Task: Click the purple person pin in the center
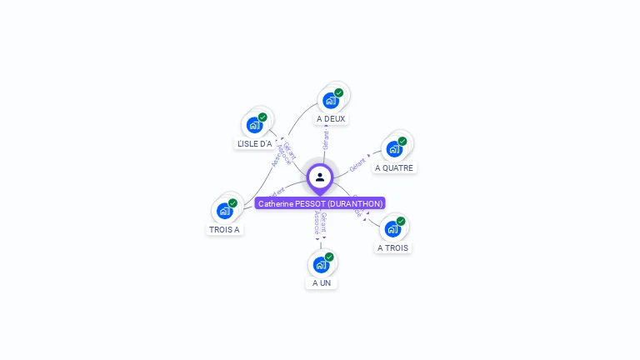tap(320, 177)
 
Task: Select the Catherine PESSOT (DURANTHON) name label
tap(320, 203)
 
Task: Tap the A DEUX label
tap(331, 119)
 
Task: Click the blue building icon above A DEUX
tap(331, 101)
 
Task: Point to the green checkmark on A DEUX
tap(339, 93)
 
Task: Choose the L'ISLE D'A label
tap(255, 143)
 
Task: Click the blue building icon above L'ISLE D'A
tap(255, 125)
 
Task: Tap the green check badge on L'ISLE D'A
tap(262, 117)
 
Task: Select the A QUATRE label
tap(394, 167)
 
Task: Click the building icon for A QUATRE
tap(394, 149)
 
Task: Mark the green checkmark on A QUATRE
tap(402, 142)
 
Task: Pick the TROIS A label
tap(225, 229)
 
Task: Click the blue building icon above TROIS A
tap(225, 211)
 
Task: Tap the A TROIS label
tap(393, 247)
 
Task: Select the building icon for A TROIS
tap(393, 229)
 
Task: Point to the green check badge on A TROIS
tap(401, 222)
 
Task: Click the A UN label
tap(322, 282)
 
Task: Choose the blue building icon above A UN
tap(322, 265)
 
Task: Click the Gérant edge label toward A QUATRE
tap(358, 163)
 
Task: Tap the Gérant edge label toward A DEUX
tap(326, 139)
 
